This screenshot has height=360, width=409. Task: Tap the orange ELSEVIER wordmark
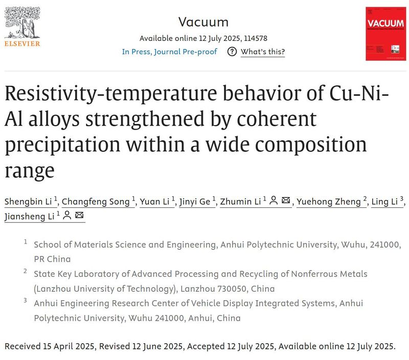22,43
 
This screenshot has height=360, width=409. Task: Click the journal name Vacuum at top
203,22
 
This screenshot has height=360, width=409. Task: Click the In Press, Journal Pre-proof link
169,52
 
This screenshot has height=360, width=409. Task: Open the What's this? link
263,52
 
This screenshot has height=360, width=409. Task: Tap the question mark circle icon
232,52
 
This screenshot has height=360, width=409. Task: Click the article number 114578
255,38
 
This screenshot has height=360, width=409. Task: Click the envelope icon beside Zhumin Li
286,201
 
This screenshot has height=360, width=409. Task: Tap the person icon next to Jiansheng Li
66,216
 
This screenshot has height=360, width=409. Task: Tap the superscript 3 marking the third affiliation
25,300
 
